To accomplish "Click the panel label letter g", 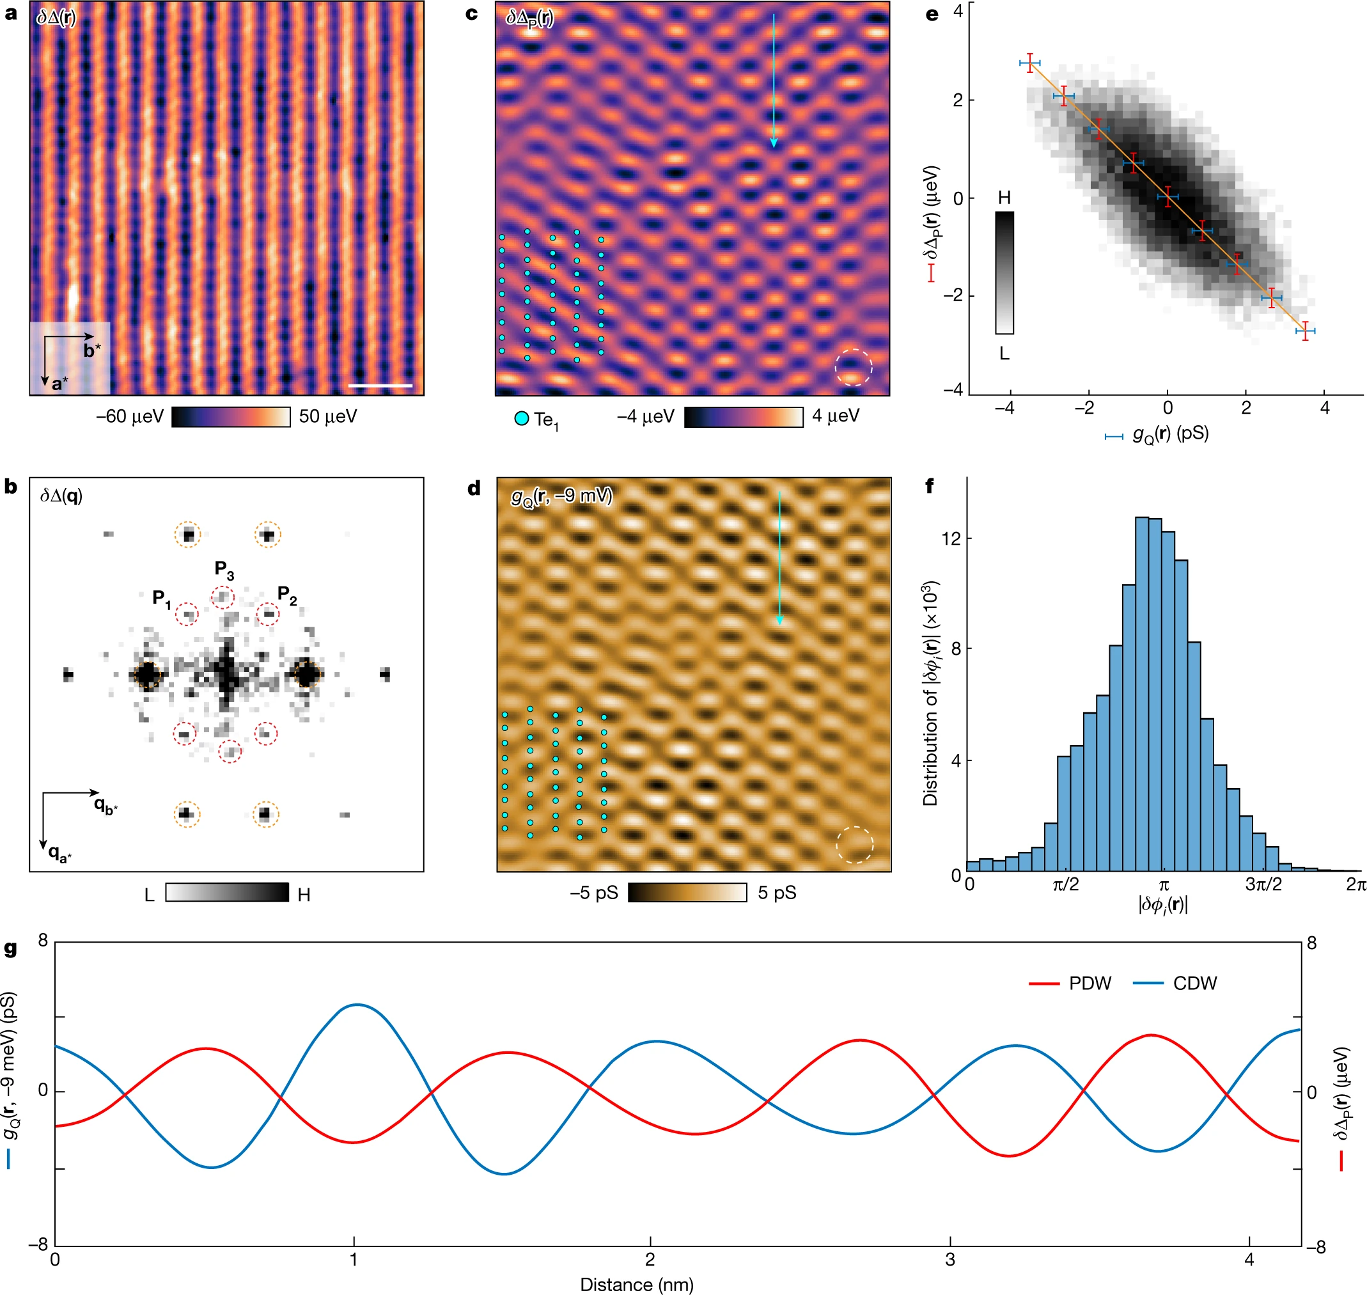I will pos(10,950).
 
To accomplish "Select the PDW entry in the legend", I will pos(1090,984).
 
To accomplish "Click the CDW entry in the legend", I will pos(1194,984).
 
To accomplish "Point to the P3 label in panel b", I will pos(224,570).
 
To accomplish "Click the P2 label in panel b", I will pos(287,595).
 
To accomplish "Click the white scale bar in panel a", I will pos(380,386).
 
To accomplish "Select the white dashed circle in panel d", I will pos(854,844).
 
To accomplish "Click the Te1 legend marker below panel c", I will pos(522,418).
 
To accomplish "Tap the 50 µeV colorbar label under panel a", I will pos(328,417).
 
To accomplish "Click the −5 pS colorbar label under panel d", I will pos(594,893).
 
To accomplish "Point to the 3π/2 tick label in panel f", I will pos(1263,885).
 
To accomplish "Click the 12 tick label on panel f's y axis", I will pos(951,538).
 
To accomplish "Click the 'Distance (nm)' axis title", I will pos(636,1285).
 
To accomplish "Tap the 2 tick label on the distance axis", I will pos(650,1260).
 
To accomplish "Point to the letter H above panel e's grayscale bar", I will pos(1004,198).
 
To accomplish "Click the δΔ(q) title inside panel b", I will pos(61,496).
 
